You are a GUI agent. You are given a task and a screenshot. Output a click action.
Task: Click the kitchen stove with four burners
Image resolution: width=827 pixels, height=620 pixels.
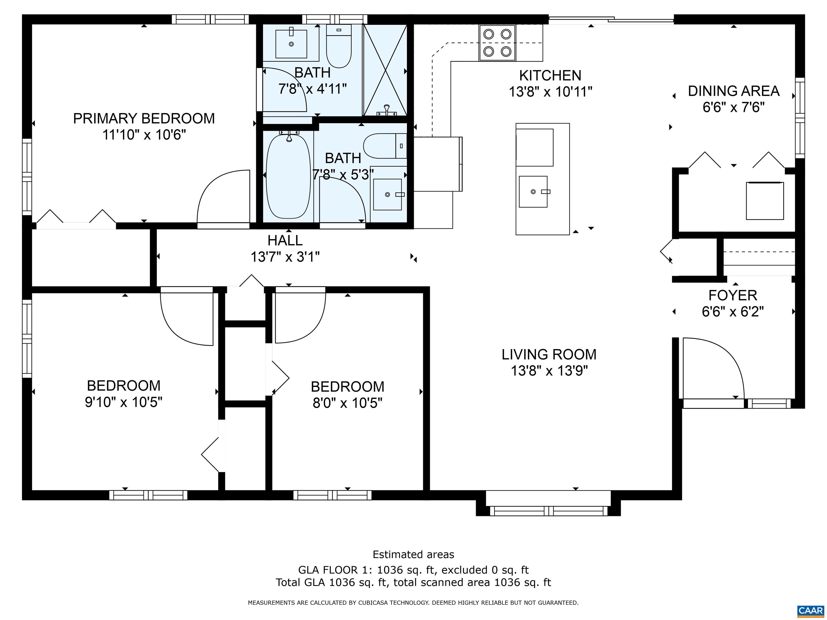tap(497, 43)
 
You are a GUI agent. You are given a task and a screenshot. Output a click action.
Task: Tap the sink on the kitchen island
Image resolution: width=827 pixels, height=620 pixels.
tap(533, 192)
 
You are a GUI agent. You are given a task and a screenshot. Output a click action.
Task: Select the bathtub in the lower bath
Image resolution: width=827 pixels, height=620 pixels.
tap(288, 176)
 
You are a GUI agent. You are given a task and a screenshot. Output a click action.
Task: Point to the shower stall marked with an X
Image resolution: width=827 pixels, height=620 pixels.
tap(385, 70)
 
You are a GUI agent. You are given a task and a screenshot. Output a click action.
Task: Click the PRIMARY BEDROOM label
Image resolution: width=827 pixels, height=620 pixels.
tap(144, 118)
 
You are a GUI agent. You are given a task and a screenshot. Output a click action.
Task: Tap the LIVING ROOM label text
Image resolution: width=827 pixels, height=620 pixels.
tap(549, 354)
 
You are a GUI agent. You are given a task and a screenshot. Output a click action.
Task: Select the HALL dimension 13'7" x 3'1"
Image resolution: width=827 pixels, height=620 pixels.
tap(285, 257)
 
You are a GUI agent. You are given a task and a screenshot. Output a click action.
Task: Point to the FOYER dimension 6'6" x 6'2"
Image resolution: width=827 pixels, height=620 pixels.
tap(733, 311)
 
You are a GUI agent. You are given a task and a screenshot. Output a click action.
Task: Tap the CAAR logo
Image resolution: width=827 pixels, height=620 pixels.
tap(810, 611)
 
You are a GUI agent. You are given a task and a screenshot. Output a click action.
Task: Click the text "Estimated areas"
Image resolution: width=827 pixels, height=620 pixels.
tap(413, 554)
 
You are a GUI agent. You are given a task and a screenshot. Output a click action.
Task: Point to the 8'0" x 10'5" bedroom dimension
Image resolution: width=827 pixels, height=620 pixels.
tap(347, 403)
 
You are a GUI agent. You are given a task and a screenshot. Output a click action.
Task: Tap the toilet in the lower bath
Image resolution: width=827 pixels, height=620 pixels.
tap(385, 146)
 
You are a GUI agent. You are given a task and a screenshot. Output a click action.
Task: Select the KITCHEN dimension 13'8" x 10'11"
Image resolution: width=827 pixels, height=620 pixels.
tap(550, 91)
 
